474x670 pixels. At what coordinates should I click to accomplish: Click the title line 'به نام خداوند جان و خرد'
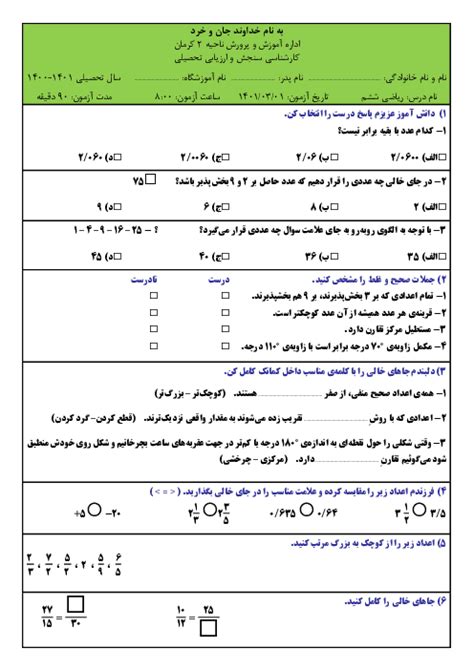pos(237,32)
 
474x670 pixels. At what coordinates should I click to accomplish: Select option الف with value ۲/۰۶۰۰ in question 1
pos(411,156)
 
